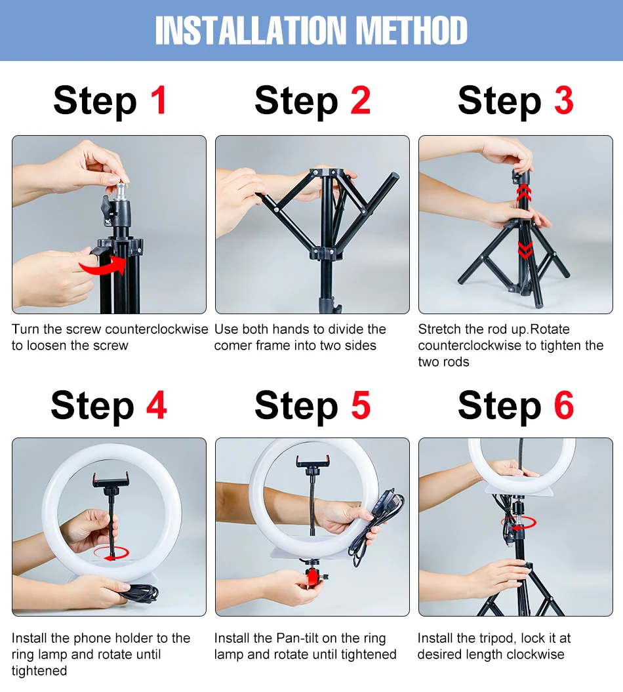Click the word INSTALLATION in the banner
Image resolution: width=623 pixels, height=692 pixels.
coord(251,30)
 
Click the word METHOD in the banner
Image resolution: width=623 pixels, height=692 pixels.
coord(411,30)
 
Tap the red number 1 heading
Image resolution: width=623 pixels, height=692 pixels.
coord(159,100)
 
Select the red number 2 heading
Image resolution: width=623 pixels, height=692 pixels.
coord(361,100)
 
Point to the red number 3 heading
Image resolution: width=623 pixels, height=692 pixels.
coord(564,100)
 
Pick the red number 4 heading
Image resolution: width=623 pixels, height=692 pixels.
coord(157,405)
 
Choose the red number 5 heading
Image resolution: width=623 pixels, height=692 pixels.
coord(361,405)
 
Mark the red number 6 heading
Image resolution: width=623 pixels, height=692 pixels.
coord(564,405)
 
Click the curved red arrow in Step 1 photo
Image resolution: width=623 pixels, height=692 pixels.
coord(103,265)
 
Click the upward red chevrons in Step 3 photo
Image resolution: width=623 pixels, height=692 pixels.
coord(524,192)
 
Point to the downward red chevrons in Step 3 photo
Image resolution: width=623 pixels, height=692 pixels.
coord(525,250)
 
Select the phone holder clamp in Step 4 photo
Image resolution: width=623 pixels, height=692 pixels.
coord(111,481)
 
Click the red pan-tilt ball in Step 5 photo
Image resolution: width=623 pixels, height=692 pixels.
coord(312,577)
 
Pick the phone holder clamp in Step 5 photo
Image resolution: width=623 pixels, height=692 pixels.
coord(313,462)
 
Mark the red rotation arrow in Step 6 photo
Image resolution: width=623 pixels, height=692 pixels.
coord(519,523)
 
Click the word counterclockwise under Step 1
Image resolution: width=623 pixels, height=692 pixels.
coord(157,329)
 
